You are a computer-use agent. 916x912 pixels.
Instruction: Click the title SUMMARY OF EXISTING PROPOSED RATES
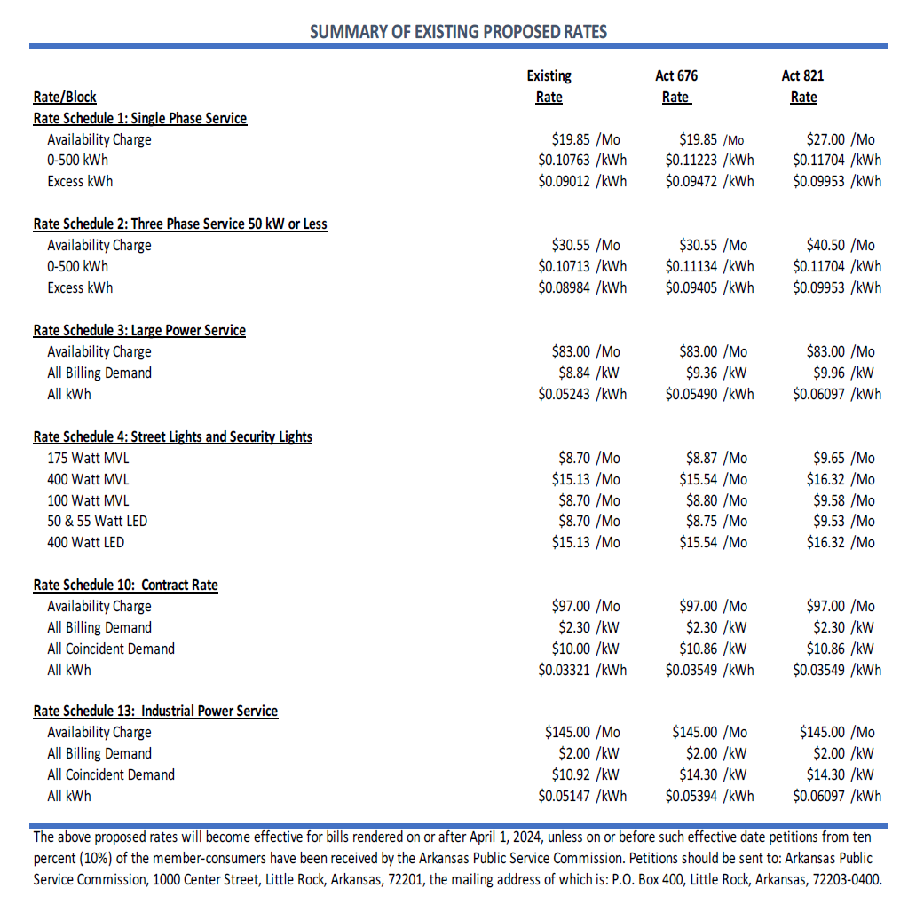458,32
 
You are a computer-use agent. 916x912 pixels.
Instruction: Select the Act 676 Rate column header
676,87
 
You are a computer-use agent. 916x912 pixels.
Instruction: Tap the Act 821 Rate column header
803,87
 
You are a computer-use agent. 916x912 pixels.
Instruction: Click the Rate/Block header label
65,97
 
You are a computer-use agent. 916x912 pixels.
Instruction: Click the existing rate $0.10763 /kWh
582,161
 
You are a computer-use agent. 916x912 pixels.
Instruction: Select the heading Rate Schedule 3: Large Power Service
139,330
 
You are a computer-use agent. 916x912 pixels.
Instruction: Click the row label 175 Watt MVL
88,458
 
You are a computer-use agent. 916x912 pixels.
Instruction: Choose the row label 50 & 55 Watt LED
98,521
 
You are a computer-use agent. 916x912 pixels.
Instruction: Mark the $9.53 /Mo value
843,521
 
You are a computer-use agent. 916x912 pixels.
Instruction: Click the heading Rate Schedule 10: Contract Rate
125,585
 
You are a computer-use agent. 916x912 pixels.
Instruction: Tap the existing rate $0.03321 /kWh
582,670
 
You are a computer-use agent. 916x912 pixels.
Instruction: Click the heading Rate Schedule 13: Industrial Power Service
155,711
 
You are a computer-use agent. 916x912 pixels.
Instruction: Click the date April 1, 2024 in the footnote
471,837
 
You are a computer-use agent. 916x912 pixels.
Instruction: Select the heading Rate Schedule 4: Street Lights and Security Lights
173,436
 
